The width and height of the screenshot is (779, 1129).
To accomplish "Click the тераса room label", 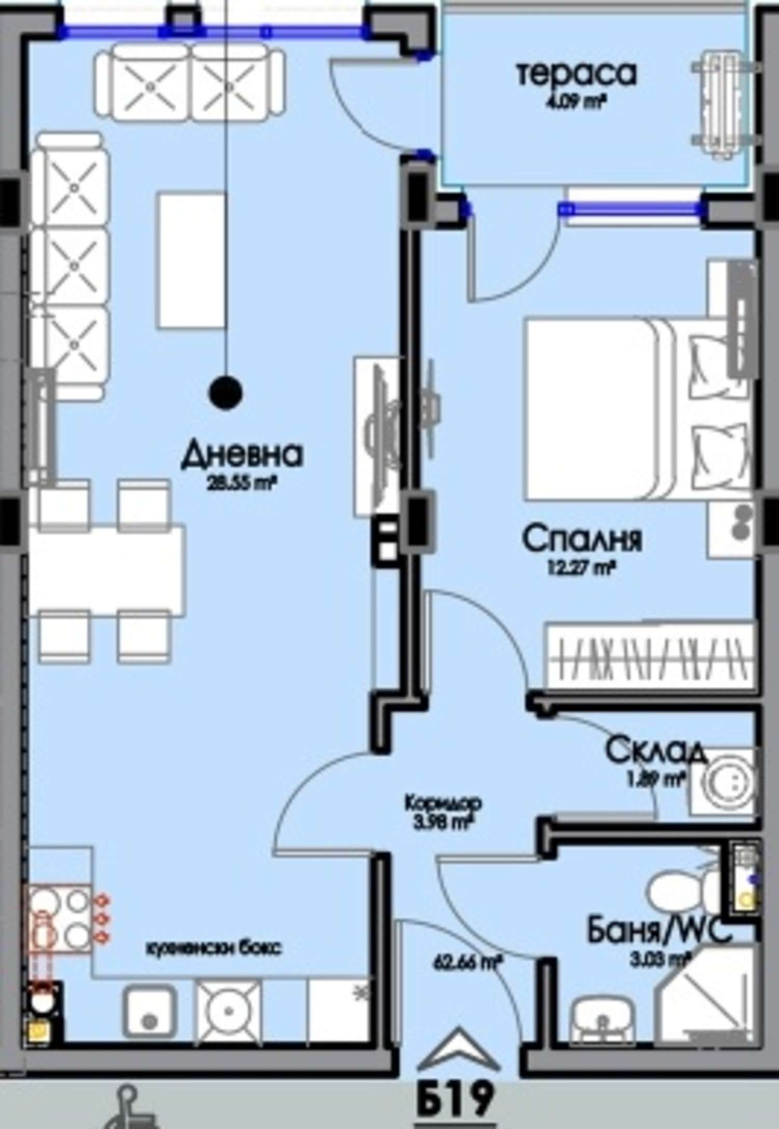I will click(576, 73).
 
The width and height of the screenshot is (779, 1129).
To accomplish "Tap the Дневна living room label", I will click(242, 454).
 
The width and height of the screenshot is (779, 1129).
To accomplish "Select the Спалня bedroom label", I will click(582, 539).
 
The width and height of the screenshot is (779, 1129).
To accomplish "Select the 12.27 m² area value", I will click(581, 568).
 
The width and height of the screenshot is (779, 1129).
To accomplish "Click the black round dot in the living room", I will click(225, 393).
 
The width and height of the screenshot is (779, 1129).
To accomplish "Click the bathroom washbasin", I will click(602, 1012).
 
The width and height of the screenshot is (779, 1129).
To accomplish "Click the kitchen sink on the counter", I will click(149, 1012).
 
